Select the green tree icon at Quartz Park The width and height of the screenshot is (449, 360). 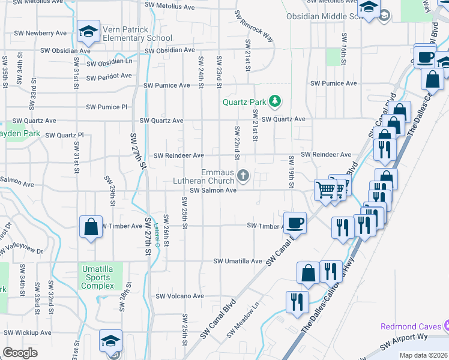point(275,101)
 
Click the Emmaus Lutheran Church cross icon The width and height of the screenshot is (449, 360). point(243,176)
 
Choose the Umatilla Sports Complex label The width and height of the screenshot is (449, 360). point(97,277)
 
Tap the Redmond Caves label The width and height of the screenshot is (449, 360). point(411,326)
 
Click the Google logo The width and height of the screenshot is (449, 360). point(20,352)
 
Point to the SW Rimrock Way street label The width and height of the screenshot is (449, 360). point(255,26)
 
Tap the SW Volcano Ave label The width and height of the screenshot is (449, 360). point(180,296)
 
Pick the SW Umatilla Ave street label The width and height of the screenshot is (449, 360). point(238,262)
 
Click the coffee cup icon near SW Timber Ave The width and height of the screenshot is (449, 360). point(294,223)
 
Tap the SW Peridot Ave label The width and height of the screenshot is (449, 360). point(109,76)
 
